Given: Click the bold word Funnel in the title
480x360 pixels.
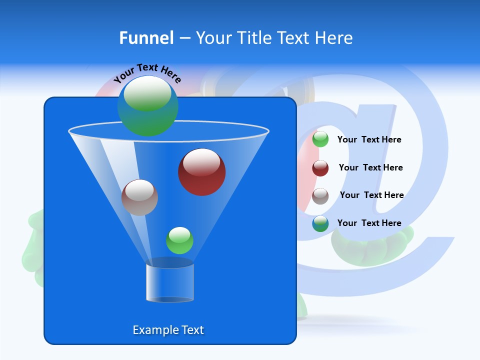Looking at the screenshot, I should [146, 38].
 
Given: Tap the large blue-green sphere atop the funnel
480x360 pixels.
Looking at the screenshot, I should [147, 106].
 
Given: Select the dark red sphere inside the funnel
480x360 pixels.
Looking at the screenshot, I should [201, 172].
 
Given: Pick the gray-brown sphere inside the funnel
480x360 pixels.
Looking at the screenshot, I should [139, 197].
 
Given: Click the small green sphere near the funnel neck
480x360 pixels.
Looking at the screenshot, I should [179, 240].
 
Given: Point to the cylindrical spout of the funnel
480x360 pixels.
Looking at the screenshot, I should [169, 282].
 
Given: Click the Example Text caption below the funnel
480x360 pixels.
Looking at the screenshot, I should [168, 330].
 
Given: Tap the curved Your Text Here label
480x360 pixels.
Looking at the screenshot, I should [147, 73].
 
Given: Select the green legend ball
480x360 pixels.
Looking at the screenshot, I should [320, 139].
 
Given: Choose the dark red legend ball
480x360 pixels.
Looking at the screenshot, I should [320, 168].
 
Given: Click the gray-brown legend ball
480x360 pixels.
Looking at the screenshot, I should [320, 196].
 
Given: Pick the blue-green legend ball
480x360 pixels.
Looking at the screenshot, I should [320, 223].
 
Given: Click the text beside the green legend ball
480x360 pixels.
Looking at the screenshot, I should [369, 139].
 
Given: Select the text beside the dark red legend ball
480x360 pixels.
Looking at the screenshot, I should [370, 167].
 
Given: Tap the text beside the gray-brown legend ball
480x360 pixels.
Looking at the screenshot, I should [371, 195].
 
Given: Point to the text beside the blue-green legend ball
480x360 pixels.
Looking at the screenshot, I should [369, 223].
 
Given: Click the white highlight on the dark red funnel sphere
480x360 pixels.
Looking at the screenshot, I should [201, 162].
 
